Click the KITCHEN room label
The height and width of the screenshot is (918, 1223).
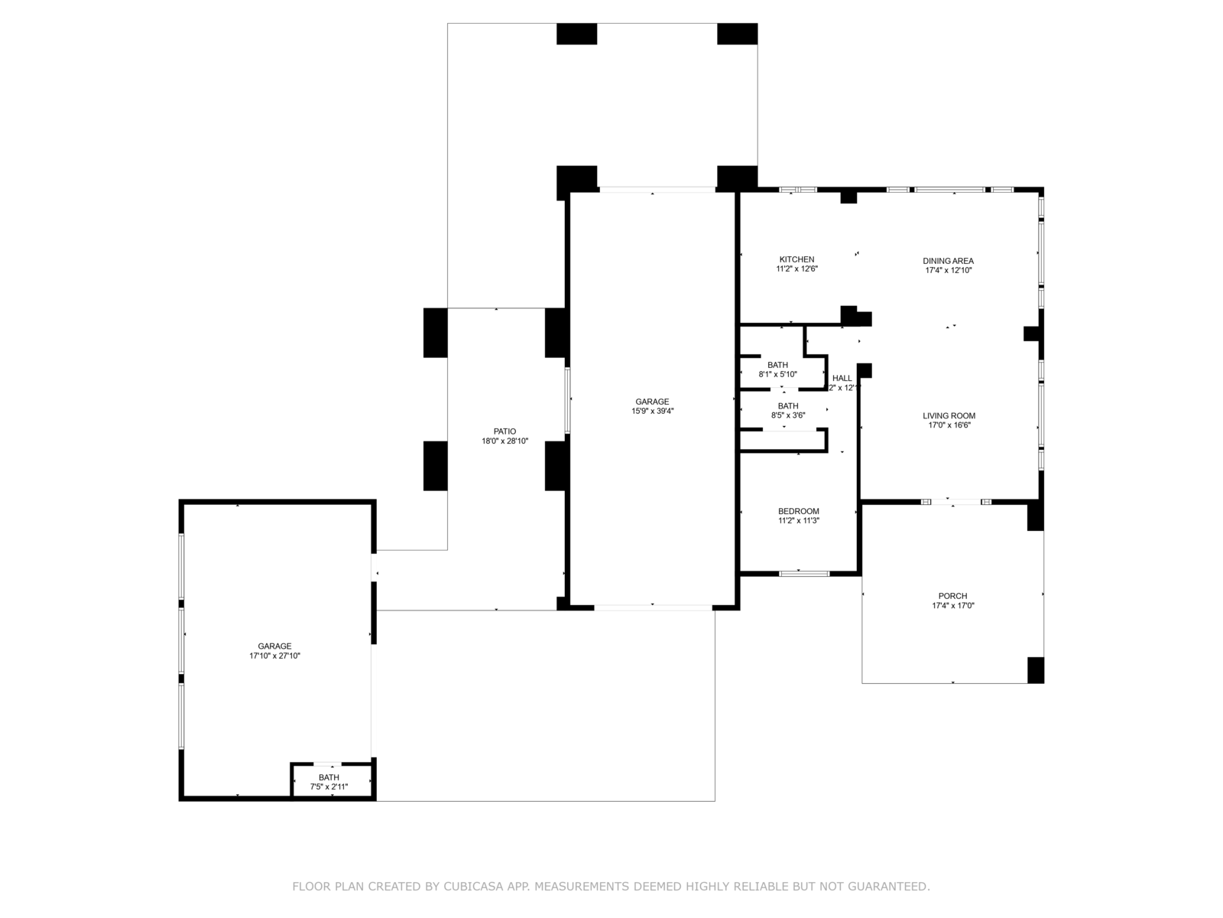796,259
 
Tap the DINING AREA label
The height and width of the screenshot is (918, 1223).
948,261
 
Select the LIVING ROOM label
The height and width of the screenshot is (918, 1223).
949,416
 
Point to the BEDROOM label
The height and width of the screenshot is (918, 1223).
798,512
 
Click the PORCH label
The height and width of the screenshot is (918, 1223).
952,596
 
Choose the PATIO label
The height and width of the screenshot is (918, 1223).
504,431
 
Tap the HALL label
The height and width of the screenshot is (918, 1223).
842,378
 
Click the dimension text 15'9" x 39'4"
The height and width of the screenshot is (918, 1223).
652,411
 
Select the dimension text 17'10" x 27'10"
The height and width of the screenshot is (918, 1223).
274,656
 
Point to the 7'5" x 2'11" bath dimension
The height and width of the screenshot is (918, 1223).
329,786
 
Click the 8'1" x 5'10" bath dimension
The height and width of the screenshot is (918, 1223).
777,374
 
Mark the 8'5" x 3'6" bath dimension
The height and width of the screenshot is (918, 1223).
787,415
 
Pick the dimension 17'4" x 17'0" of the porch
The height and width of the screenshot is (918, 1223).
952,605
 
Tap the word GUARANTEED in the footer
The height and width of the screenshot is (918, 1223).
889,887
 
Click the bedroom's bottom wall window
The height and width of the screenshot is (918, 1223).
804,573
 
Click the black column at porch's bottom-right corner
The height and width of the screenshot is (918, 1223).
1035,670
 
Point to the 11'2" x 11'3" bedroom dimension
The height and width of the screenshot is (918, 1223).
798,521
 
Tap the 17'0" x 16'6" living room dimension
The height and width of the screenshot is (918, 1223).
949,425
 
